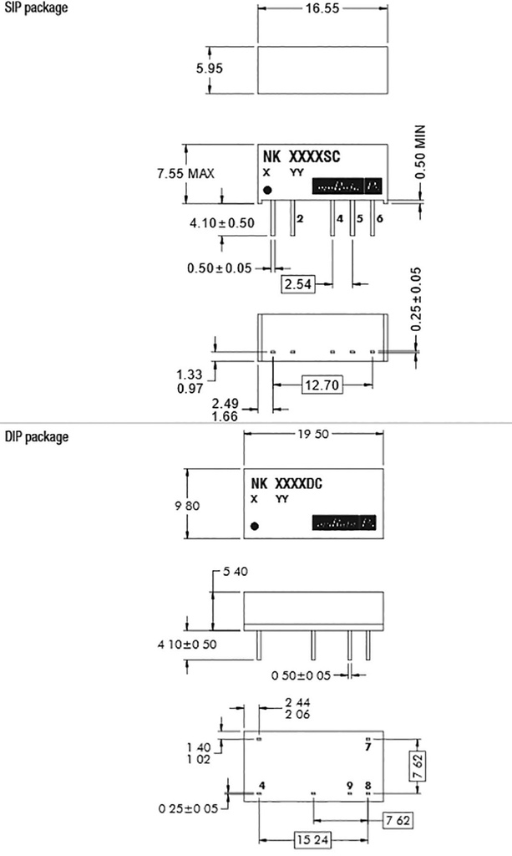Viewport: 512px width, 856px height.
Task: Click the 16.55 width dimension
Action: point(322,10)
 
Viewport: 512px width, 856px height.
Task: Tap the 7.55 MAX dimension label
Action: point(185,173)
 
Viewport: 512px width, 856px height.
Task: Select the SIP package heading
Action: point(34,8)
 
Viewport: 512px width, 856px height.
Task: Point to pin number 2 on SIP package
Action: point(299,217)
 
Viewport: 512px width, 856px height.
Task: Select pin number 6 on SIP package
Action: point(380,217)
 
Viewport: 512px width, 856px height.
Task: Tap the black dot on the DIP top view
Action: point(255,526)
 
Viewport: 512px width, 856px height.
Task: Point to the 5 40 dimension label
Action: point(235,572)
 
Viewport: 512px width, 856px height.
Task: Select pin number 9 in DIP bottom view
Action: point(350,786)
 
